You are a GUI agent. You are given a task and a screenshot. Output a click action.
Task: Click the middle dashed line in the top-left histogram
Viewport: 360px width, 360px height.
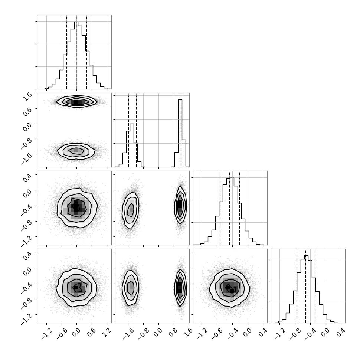click(77, 52)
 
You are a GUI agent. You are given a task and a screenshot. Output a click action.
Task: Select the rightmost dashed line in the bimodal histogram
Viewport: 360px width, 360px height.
click(181, 130)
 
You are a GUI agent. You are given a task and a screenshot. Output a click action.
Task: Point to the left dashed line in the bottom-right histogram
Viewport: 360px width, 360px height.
click(297, 286)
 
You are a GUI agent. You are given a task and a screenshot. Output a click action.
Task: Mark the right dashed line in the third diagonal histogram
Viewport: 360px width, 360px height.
click(239, 208)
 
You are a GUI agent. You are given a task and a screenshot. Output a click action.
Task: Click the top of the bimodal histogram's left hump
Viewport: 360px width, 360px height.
click(132, 124)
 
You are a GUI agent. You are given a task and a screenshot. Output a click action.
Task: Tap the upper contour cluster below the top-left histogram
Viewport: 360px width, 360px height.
click(77, 101)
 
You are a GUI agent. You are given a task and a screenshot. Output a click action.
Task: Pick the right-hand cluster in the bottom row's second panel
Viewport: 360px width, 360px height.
click(180, 287)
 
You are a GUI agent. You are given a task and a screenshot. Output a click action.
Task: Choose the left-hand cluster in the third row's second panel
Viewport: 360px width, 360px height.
click(130, 210)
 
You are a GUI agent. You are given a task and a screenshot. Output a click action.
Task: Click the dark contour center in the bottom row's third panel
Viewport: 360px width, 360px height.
click(230, 288)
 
